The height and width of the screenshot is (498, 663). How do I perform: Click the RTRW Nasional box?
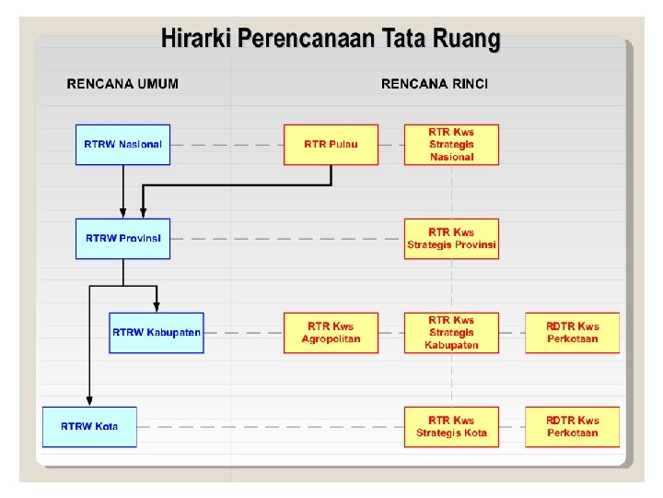[122, 145]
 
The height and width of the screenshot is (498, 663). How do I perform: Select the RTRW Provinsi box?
[122, 239]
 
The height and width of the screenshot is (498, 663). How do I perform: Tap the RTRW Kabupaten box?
[156, 333]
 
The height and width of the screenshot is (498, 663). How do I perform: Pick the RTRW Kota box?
[89, 427]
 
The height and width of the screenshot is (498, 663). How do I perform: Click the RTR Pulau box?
[331, 145]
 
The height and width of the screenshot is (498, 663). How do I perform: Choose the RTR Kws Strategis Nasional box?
[451, 145]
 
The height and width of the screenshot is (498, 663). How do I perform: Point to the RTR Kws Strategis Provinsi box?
[451, 239]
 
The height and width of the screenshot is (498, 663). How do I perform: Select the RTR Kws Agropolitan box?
[331, 333]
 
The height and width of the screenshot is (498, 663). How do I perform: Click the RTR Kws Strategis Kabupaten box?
[451, 333]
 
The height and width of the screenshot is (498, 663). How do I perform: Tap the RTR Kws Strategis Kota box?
[451, 427]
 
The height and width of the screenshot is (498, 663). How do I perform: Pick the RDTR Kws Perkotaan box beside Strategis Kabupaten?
[572, 333]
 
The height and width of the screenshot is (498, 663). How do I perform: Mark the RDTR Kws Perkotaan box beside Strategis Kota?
[572, 427]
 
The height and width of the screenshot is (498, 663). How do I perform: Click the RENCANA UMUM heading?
[122, 84]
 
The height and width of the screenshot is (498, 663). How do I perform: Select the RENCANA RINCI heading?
[435, 84]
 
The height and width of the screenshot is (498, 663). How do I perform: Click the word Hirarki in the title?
[196, 39]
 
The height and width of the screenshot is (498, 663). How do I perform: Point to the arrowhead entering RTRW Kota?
[89, 400]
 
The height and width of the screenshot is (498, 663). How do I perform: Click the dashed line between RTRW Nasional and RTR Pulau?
[227, 145]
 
